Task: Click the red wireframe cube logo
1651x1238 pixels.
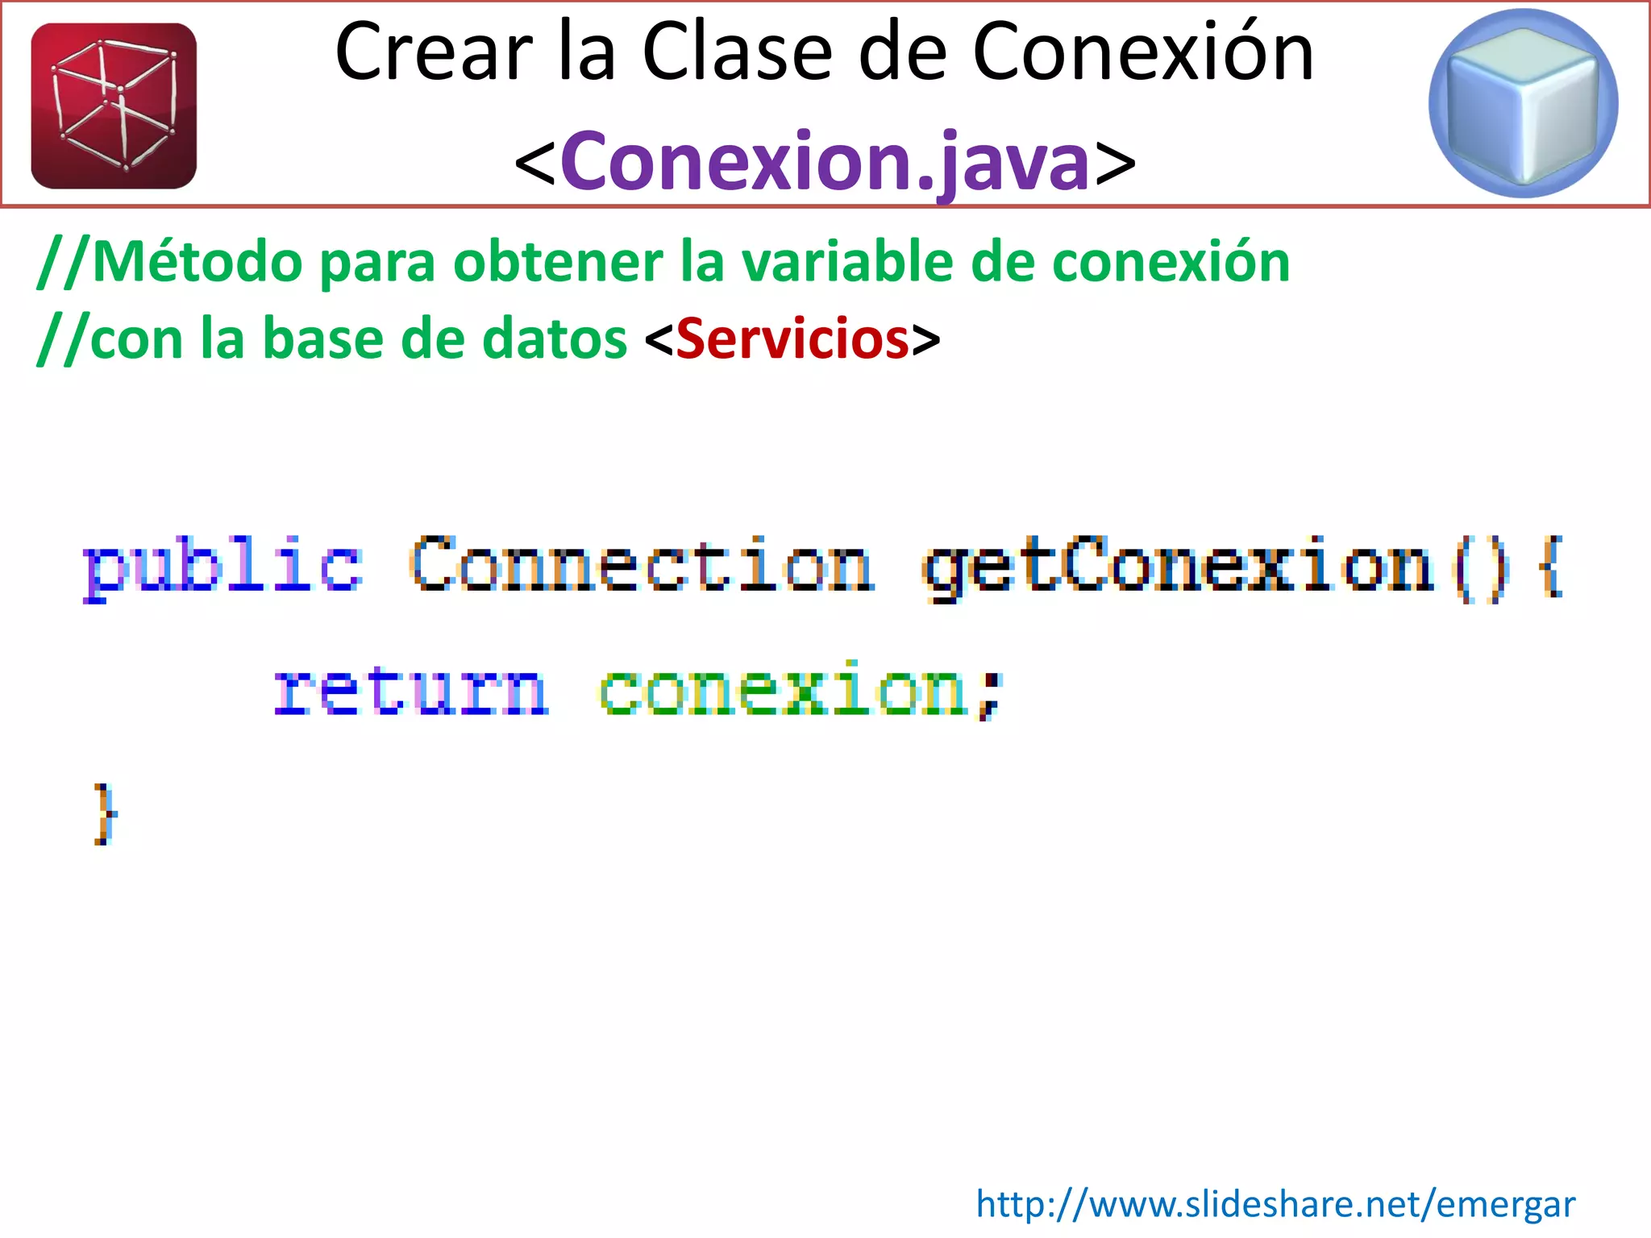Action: pyautogui.click(x=114, y=106)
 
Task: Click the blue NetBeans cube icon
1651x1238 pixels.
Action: pyautogui.click(x=1523, y=103)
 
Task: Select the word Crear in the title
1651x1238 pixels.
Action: pyautogui.click(x=435, y=53)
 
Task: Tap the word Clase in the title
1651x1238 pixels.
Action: pyautogui.click(x=737, y=53)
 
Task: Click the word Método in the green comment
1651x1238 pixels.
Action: pyautogui.click(x=198, y=263)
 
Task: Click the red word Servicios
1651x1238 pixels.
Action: pyautogui.click(x=793, y=339)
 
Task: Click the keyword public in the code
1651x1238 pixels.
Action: pyautogui.click(x=222, y=567)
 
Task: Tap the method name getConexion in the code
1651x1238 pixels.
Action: pyautogui.click(x=1178, y=567)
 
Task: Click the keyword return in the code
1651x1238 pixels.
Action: pyautogui.click(x=411, y=690)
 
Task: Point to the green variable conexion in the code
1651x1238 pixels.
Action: pyautogui.click(x=783, y=692)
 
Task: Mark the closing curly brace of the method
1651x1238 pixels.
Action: pyautogui.click(x=104, y=814)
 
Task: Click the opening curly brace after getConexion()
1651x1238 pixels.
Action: pyautogui.click(x=1551, y=567)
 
